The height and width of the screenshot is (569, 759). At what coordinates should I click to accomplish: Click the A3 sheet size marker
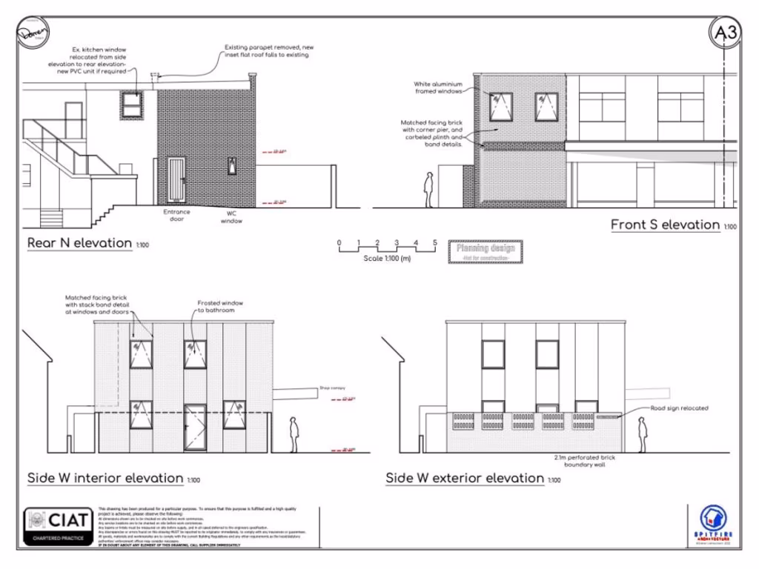click(726, 32)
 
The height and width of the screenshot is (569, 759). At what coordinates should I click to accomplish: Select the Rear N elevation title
click(81, 243)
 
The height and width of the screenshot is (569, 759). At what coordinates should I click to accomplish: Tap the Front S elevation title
click(665, 224)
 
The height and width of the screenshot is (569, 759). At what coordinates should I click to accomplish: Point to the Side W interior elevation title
click(105, 478)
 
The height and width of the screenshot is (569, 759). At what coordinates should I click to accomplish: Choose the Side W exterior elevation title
click(465, 478)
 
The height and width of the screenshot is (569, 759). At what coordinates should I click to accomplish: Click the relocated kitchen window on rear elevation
click(133, 102)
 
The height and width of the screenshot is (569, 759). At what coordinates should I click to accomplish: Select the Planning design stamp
click(486, 252)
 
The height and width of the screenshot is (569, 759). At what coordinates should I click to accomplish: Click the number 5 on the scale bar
click(435, 243)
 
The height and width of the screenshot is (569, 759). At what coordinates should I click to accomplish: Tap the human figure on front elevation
click(428, 190)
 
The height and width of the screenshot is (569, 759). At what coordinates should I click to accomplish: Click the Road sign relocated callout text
click(679, 408)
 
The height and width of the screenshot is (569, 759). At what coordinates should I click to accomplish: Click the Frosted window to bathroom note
click(220, 307)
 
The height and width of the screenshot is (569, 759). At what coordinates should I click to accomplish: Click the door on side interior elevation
click(195, 427)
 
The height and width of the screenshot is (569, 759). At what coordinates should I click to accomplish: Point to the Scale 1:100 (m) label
click(387, 259)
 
